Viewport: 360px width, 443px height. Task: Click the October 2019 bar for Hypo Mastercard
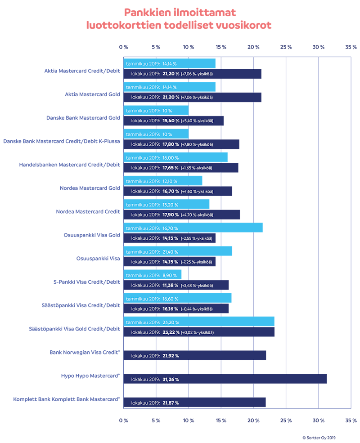pos(225,379)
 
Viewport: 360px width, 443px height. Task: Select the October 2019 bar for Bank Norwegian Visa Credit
pos(194,356)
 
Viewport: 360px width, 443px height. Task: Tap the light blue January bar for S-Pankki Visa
pos(153,275)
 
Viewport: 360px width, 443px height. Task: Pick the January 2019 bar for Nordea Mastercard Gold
pos(163,181)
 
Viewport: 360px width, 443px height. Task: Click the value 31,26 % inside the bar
pos(171,380)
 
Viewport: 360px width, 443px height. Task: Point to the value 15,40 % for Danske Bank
pos(171,121)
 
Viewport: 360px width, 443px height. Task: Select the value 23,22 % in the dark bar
pos(171,332)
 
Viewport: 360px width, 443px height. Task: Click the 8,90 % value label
pos(170,275)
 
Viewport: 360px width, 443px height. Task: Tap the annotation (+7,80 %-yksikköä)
pos(197,144)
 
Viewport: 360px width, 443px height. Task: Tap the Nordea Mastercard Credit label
pos(88,211)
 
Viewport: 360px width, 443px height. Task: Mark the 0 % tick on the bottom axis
pos(123,421)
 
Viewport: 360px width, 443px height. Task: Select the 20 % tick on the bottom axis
pos(253,421)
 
